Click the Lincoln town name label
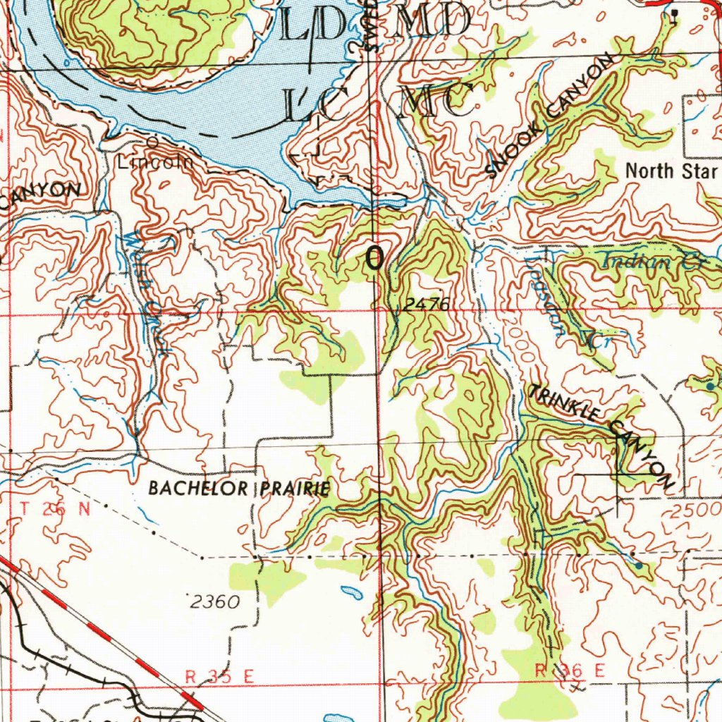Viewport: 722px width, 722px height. point(154,162)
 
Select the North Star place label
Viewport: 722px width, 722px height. point(671,170)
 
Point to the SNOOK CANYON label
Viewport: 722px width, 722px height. point(549,118)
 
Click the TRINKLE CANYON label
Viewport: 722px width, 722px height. point(601,435)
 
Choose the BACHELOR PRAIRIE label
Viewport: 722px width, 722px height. point(239,489)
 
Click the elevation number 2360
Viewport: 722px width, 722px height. point(215,601)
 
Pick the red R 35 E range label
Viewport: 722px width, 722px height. point(219,676)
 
